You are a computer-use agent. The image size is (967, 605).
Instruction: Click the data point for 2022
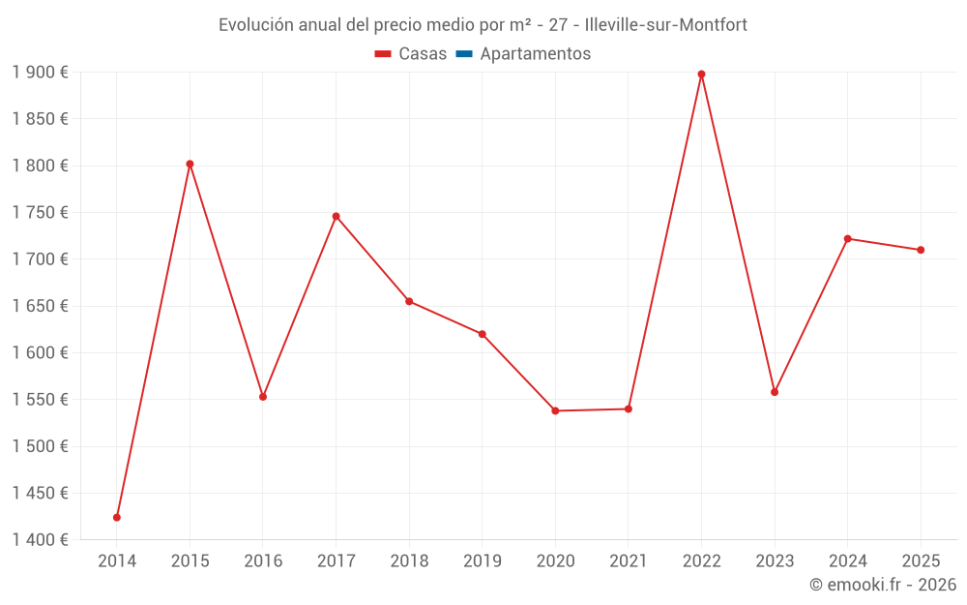pyautogui.click(x=701, y=75)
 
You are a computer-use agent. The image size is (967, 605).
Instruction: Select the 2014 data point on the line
pyautogui.click(x=117, y=517)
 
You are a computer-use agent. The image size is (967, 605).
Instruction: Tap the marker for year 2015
pyautogui.click(x=190, y=164)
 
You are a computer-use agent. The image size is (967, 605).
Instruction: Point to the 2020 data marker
pyautogui.click(x=555, y=410)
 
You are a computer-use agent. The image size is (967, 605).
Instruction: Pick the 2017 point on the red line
pyautogui.click(x=336, y=216)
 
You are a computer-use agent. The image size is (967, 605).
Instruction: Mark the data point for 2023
pyautogui.click(x=775, y=392)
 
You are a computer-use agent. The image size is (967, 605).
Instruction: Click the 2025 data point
pyautogui.click(x=921, y=250)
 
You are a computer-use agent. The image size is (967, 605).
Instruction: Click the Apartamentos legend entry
pyautogui.click(x=535, y=54)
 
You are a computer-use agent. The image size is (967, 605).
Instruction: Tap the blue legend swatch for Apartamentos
pyautogui.click(x=463, y=54)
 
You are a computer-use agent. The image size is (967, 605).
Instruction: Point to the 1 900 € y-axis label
pyautogui.click(x=41, y=73)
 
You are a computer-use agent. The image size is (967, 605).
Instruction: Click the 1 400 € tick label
pyautogui.click(x=41, y=540)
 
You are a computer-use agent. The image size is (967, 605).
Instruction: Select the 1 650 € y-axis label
pyautogui.click(x=41, y=306)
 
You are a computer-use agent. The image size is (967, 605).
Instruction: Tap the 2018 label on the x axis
pyautogui.click(x=409, y=561)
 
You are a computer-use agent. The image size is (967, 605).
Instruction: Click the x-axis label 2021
pyautogui.click(x=629, y=561)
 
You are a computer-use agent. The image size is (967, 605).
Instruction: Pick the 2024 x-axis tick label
pyautogui.click(x=847, y=561)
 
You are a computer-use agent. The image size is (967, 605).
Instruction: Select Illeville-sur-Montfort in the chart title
pyautogui.click(x=666, y=25)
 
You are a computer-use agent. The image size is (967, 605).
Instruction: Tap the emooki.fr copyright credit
pyautogui.click(x=883, y=585)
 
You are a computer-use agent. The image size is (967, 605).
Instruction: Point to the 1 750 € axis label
pyautogui.click(x=41, y=213)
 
